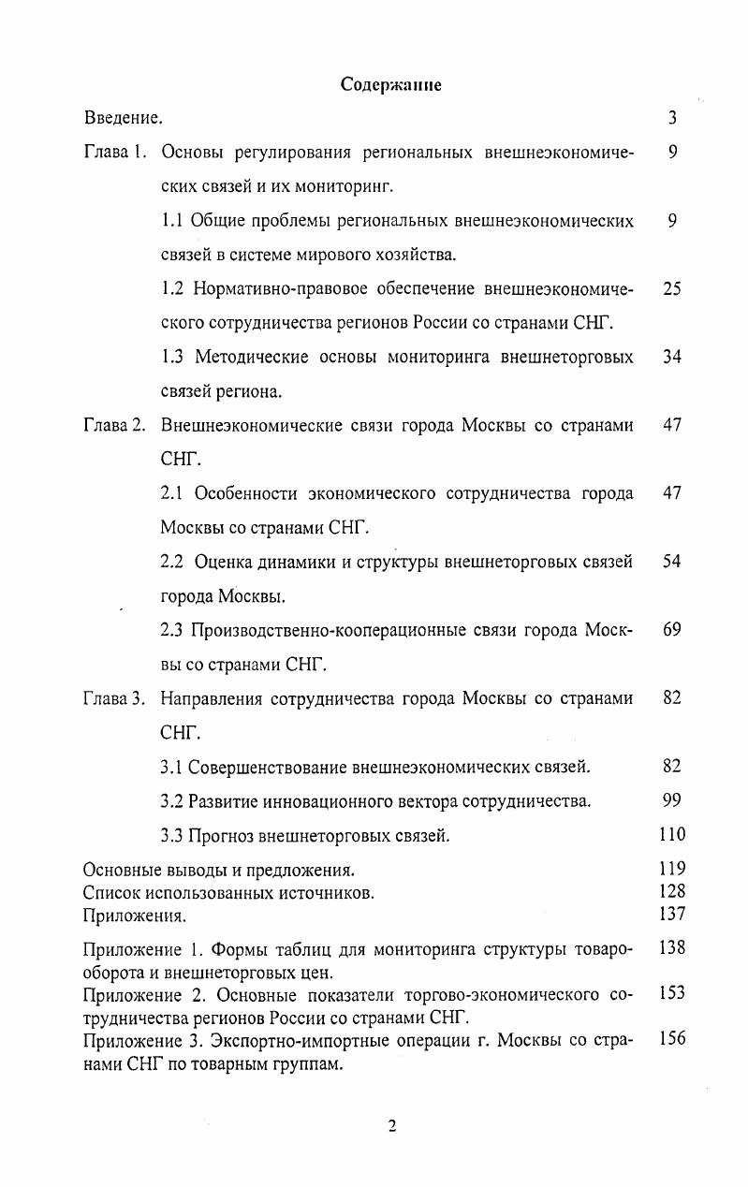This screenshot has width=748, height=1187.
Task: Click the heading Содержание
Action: coord(390,84)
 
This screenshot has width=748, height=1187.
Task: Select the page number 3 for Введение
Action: coord(672,119)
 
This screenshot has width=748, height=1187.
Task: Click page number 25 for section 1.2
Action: coord(672,289)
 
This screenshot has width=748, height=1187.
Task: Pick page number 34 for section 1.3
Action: coord(672,357)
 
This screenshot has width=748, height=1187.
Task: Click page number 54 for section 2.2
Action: coord(672,562)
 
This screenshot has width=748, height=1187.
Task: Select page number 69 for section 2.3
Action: coord(672,630)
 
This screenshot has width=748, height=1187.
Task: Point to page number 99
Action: coord(672,800)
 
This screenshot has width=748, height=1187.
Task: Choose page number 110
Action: coord(672,834)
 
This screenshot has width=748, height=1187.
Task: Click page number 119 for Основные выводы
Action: coord(672,868)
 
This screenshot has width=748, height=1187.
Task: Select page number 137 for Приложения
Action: coord(672,914)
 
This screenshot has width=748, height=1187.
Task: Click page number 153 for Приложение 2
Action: coord(672,993)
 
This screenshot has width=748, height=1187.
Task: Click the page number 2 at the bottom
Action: coord(392,1126)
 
